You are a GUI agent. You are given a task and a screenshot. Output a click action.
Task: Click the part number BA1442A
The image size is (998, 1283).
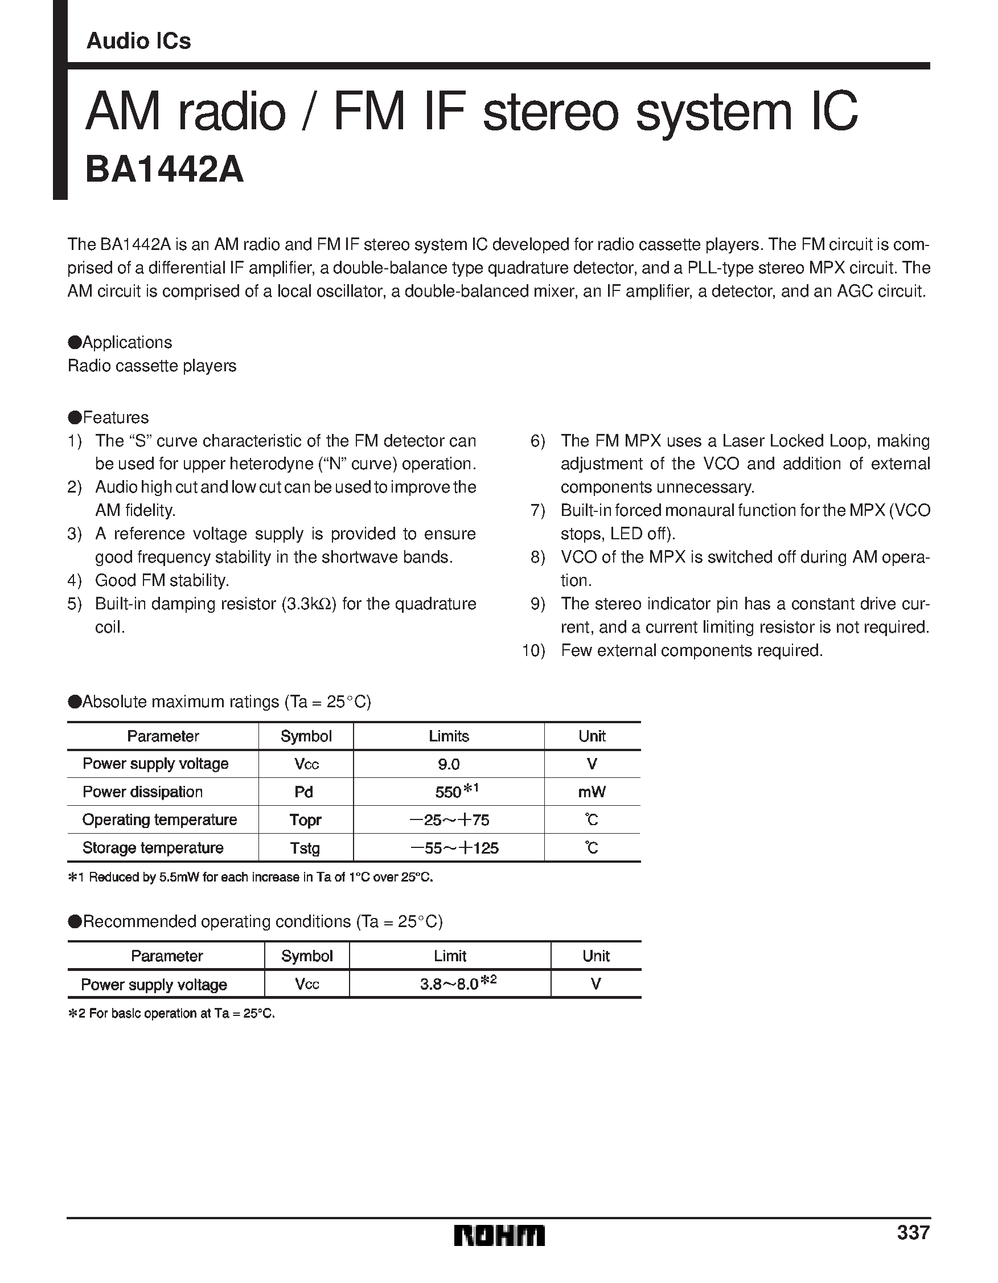pyautogui.click(x=165, y=171)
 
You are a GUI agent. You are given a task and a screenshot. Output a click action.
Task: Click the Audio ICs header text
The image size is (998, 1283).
pyautogui.click(x=139, y=41)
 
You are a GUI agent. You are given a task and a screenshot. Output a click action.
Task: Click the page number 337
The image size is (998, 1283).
pyautogui.click(x=913, y=1232)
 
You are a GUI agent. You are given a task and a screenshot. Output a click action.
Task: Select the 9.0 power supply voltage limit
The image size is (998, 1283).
pyautogui.click(x=449, y=764)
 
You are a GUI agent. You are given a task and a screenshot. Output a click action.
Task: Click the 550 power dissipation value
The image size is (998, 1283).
pyautogui.click(x=448, y=793)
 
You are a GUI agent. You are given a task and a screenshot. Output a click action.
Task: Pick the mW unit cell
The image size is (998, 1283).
pyautogui.click(x=592, y=793)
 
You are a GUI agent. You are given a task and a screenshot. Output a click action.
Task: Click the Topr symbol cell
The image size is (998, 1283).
pyautogui.click(x=306, y=820)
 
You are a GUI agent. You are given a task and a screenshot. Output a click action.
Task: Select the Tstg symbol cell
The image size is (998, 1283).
pyautogui.click(x=306, y=848)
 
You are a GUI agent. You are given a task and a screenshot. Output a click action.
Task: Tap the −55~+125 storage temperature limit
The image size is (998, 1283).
pyautogui.click(x=454, y=848)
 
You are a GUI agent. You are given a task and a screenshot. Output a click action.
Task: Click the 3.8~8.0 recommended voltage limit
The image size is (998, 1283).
pyautogui.click(x=449, y=985)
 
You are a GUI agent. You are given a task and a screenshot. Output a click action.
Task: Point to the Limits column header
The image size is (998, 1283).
pyautogui.click(x=449, y=736)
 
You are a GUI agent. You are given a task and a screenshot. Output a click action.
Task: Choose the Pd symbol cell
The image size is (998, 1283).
pyautogui.click(x=303, y=793)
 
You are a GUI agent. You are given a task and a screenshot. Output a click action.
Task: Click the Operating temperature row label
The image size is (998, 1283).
pyautogui.click(x=160, y=820)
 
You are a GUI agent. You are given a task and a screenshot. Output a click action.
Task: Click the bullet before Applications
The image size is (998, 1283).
pyautogui.click(x=74, y=342)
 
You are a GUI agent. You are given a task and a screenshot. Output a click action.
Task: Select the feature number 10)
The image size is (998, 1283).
pyautogui.click(x=533, y=651)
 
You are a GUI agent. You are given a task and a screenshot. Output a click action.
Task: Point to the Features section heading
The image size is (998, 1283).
pyautogui.click(x=115, y=417)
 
